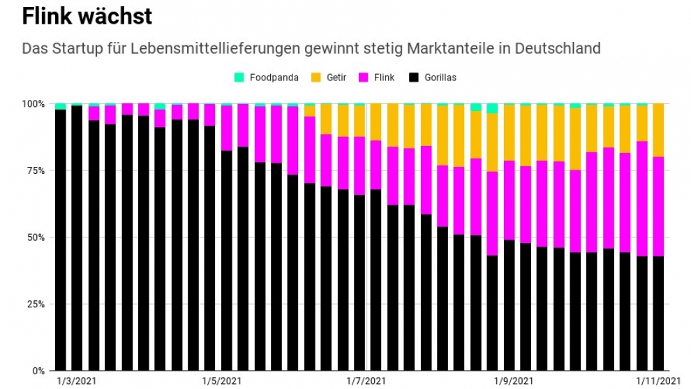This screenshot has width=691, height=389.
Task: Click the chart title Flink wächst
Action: point(87,16)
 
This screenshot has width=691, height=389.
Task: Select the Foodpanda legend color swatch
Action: point(239,78)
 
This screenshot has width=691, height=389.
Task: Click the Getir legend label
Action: point(337,78)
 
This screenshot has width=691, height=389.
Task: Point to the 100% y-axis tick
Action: point(33,104)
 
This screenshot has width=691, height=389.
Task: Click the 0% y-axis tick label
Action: point(38,371)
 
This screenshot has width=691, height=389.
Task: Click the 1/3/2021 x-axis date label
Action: point(76,381)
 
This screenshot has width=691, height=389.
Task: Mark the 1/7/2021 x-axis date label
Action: point(366,381)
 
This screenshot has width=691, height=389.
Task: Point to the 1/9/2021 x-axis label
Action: point(514,381)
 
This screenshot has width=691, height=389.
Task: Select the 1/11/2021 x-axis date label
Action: point(657,381)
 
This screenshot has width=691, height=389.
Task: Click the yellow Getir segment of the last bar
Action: point(658,130)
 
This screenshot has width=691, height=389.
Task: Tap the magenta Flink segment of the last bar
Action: point(658,207)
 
